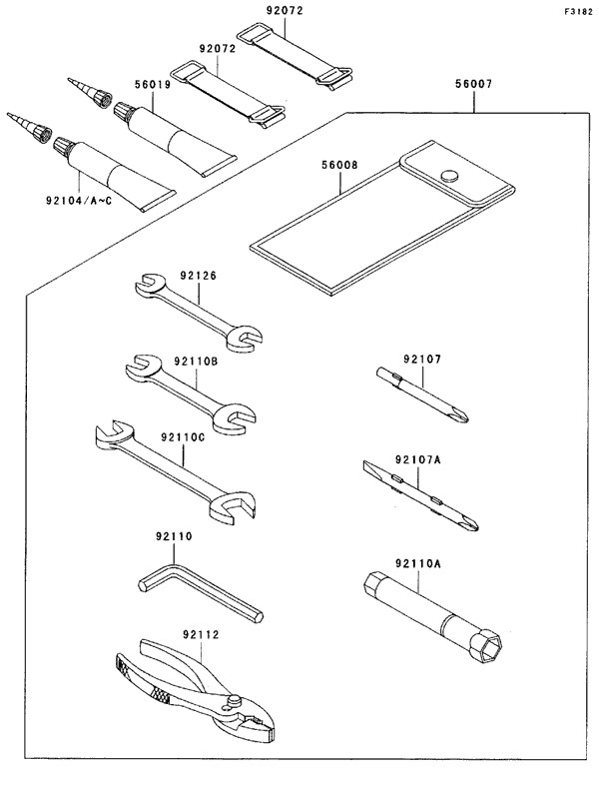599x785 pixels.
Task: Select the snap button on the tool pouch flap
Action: [x=448, y=176]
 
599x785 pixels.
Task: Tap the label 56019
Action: [x=153, y=86]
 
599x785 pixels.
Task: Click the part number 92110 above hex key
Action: [x=173, y=536]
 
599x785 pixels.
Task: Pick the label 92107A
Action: [x=416, y=459]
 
